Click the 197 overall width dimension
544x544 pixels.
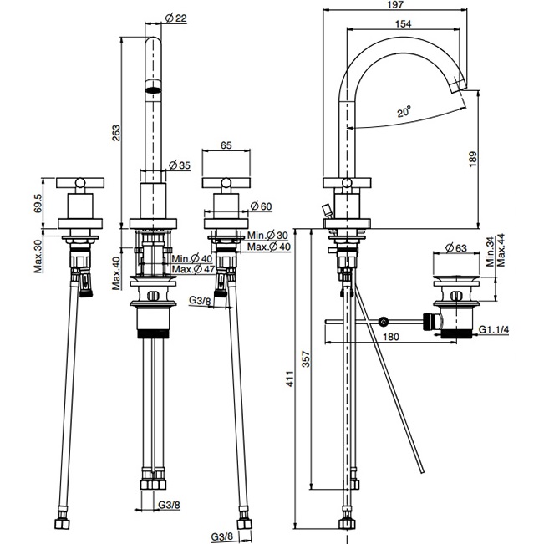point(395,4)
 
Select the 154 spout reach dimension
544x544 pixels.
point(403,23)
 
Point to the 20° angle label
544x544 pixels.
point(404,111)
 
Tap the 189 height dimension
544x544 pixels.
point(473,160)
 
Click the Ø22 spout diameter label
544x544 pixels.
point(176,18)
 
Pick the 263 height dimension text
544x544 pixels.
point(116,133)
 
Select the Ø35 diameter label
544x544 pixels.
point(180,165)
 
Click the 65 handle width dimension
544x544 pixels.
point(226,145)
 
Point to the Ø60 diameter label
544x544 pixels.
point(262,206)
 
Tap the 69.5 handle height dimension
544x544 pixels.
point(38,203)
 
